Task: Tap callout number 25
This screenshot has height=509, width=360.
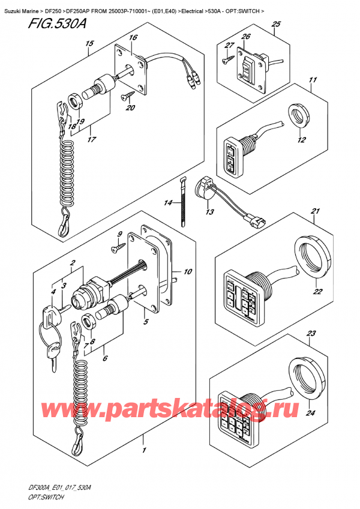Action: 275,24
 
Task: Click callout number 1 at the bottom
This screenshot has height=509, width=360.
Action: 143,450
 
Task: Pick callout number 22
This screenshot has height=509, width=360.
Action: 317,292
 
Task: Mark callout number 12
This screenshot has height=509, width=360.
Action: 301,140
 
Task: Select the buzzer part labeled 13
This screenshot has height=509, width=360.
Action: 206,187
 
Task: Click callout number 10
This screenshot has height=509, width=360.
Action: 188,272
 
